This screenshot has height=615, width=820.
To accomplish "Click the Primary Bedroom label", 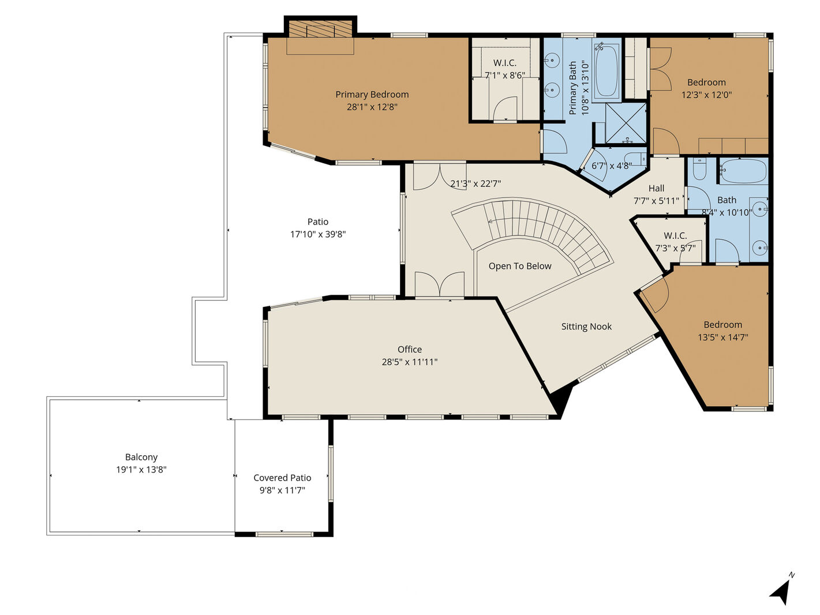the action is pyautogui.click(x=372, y=95).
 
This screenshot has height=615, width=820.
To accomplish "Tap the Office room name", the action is pyautogui.click(x=410, y=349).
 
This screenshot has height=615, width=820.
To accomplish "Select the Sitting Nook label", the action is pyautogui.click(x=586, y=327).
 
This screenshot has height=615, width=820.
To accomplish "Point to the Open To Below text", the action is pyautogui.click(x=520, y=266).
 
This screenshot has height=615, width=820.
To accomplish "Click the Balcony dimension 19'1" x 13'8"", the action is pyautogui.click(x=141, y=470).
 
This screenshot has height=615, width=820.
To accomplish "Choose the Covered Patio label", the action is pyautogui.click(x=282, y=478).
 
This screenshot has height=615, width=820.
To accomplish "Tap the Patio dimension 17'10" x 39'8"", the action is pyautogui.click(x=318, y=234).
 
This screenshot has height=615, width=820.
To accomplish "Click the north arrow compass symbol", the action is pyautogui.click(x=781, y=594).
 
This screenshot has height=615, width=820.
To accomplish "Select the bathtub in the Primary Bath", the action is pyautogui.click(x=606, y=71).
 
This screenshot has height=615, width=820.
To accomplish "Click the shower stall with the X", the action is pyautogui.click(x=626, y=123).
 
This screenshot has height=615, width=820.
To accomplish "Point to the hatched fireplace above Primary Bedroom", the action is pyautogui.click(x=320, y=29).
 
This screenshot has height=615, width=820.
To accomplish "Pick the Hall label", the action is pyautogui.click(x=656, y=188).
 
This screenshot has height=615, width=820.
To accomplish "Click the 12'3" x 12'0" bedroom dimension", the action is pyautogui.click(x=706, y=95).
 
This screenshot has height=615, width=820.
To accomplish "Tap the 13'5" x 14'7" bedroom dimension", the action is pyautogui.click(x=723, y=337).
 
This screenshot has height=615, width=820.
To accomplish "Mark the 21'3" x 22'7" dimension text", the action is pyautogui.click(x=475, y=183).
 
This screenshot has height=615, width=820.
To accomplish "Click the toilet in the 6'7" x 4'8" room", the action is pyautogui.click(x=635, y=159).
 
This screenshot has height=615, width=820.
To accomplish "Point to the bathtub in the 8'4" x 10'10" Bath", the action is pyautogui.click(x=743, y=171).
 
